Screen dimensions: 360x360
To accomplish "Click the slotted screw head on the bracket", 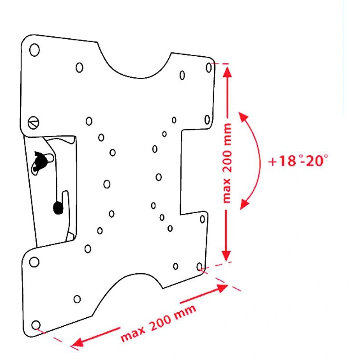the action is pyautogui.click(x=33, y=123).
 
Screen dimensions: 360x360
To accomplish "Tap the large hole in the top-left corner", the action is pyautogui.click(x=35, y=50).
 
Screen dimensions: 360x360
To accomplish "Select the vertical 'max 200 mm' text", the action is pyautogui.click(x=227, y=163).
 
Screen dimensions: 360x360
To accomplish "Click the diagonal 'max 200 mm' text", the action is pyautogui.click(x=158, y=323).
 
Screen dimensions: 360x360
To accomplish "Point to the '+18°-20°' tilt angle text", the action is pyautogui.click(x=298, y=160).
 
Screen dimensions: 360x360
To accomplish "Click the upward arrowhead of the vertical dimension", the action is pyautogui.click(x=228, y=72).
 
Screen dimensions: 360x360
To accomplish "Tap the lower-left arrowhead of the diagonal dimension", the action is pyautogui.click(x=77, y=342).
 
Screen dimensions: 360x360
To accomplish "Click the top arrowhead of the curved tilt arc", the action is pyautogui.click(x=243, y=116).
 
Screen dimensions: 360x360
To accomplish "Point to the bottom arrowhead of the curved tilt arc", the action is pyautogui.click(x=244, y=204).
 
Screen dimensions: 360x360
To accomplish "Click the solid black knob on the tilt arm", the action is pyautogui.click(x=58, y=208).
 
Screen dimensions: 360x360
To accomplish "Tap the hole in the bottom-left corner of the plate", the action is pyautogui.click(x=36, y=325).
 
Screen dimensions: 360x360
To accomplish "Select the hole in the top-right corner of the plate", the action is pyautogui.click(x=209, y=68).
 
